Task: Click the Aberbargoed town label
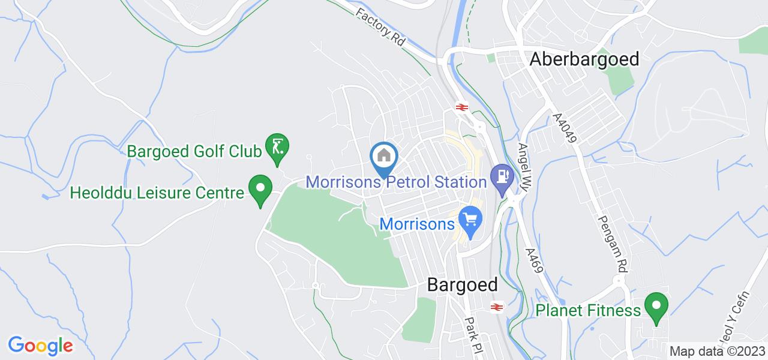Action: coord(584,59)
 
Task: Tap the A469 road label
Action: coord(534,262)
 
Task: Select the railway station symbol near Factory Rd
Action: coord(461,107)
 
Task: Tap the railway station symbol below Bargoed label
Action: coord(496,307)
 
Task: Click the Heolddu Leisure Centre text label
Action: coord(157,193)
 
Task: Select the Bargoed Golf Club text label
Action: coord(195,151)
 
